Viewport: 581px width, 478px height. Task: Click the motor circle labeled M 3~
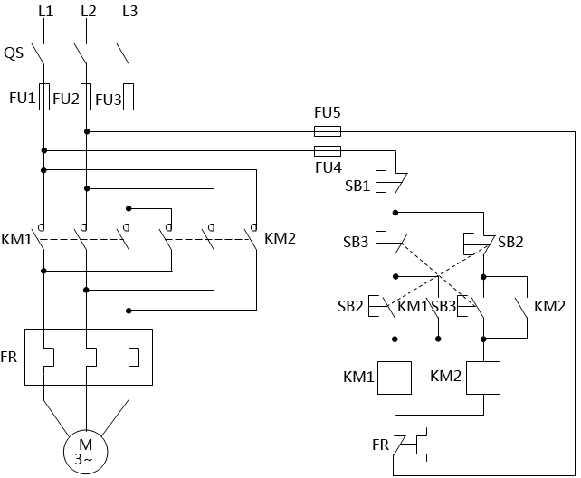(x=85, y=449)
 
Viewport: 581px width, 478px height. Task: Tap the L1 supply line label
(x=44, y=12)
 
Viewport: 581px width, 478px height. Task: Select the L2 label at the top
(x=87, y=12)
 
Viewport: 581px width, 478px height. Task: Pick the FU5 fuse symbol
(x=327, y=131)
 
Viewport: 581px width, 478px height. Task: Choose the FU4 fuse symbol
(x=327, y=150)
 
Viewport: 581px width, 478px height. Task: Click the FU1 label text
(x=21, y=98)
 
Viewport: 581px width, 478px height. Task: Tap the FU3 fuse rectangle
(x=129, y=97)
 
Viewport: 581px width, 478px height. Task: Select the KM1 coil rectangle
(x=395, y=378)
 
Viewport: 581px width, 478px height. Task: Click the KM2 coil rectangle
(x=483, y=378)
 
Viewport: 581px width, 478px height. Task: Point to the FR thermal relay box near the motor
(x=88, y=358)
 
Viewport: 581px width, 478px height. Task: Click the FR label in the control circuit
(x=381, y=445)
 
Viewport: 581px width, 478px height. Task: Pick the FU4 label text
(x=328, y=167)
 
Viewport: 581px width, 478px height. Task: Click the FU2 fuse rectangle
(x=87, y=97)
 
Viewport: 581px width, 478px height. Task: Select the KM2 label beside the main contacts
(x=280, y=240)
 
